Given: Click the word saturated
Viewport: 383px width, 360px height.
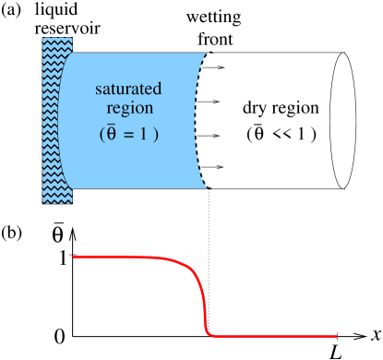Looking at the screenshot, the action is [x=128, y=90].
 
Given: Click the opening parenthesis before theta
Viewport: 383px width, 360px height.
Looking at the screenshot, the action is [x=102, y=133].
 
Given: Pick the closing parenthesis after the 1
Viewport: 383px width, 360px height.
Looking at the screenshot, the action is [x=156, y=133].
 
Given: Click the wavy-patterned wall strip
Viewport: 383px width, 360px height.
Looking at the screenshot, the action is [x=56, y=120].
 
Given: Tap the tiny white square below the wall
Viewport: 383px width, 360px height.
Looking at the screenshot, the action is [x=51, y=220].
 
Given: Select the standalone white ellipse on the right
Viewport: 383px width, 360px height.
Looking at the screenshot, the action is [x=343, y=120].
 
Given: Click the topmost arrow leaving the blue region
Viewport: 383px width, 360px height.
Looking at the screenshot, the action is [x=211, y=66].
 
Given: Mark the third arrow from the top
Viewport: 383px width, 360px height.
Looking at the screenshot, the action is [x=211, y=135].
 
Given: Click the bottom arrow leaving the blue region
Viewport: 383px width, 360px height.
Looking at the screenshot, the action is [x=211, y=167].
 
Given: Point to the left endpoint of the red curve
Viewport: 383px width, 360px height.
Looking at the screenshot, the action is [x=74, y=257].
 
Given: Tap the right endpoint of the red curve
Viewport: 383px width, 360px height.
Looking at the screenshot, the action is [x=336, y=335].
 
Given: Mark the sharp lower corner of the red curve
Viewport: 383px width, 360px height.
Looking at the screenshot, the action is [x=209, y=333].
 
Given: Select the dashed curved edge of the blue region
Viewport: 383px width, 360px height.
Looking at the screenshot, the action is [x=198, y=120].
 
